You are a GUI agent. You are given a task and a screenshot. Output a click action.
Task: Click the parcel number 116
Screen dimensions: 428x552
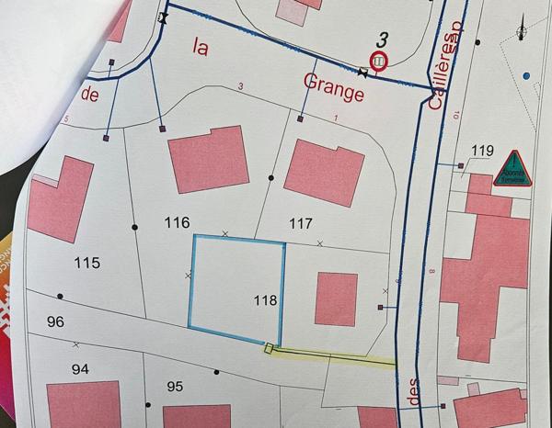click(177, 222)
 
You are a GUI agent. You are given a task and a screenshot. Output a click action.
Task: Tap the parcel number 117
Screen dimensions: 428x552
click(301, 222)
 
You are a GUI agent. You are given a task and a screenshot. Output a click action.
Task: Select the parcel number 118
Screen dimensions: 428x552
click(265, 299)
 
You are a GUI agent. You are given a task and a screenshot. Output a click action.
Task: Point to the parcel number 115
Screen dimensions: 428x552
click(86, 263)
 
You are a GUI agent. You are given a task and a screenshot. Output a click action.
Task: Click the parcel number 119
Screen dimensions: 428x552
click(482, 151)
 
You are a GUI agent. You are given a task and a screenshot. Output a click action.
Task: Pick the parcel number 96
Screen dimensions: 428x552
click(54, 321)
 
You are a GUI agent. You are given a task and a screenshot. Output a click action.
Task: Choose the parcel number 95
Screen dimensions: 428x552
click(175, 387)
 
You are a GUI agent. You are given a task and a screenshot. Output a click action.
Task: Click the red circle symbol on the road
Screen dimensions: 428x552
click(378, 61)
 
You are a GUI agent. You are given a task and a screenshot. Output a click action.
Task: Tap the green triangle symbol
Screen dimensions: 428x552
click(511, 169)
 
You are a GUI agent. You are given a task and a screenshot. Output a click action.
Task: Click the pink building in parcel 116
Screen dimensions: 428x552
click(208, 158)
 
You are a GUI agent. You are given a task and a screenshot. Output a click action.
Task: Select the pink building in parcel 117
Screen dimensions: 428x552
click(325, 172)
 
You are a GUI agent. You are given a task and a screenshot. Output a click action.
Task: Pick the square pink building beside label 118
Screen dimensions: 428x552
click(337, 298)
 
